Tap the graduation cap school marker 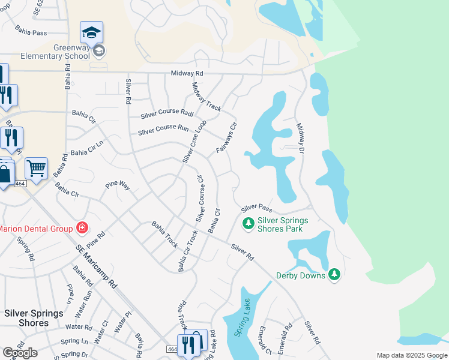pos(92,32)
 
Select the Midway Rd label pos(187,73)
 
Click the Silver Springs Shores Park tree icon pos(247,224)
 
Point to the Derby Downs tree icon pos(334,275)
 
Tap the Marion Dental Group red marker pos(82,228)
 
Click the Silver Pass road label pos(257,209)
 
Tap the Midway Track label pos(206,97)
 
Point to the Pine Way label pos(118,184)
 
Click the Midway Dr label pos(301,140)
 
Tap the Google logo pos(20,353)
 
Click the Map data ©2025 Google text pos(412,355)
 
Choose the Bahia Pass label pos(32,32)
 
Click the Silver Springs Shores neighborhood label pos(34,318)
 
